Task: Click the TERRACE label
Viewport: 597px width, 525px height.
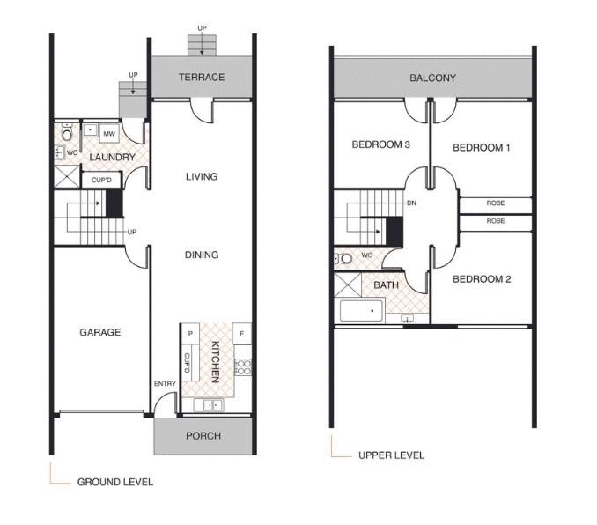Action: (202, 78)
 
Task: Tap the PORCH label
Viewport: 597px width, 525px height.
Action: (203, 436)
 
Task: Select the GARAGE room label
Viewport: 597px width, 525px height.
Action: (99, 333)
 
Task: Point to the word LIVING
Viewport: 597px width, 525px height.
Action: (202, 177)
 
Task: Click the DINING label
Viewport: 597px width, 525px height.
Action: (202, 255)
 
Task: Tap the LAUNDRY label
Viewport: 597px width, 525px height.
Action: (112, 158)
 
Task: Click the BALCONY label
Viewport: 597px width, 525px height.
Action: (432, 78)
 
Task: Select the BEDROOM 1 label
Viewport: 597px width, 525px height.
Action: (481, 148)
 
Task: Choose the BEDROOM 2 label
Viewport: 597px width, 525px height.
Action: (481, 280)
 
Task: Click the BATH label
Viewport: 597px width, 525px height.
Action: (386, 285)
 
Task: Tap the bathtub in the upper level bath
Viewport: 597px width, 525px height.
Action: (362, 311)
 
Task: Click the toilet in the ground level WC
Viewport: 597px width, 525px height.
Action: (67, 135)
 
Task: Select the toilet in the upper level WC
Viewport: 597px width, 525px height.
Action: (345, 259)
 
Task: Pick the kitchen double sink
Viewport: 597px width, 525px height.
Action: (212, 405)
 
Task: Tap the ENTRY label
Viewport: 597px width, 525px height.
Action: (165, 383)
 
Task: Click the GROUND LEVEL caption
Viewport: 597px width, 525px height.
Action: (114, 482)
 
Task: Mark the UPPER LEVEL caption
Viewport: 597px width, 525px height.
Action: (391, 455)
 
